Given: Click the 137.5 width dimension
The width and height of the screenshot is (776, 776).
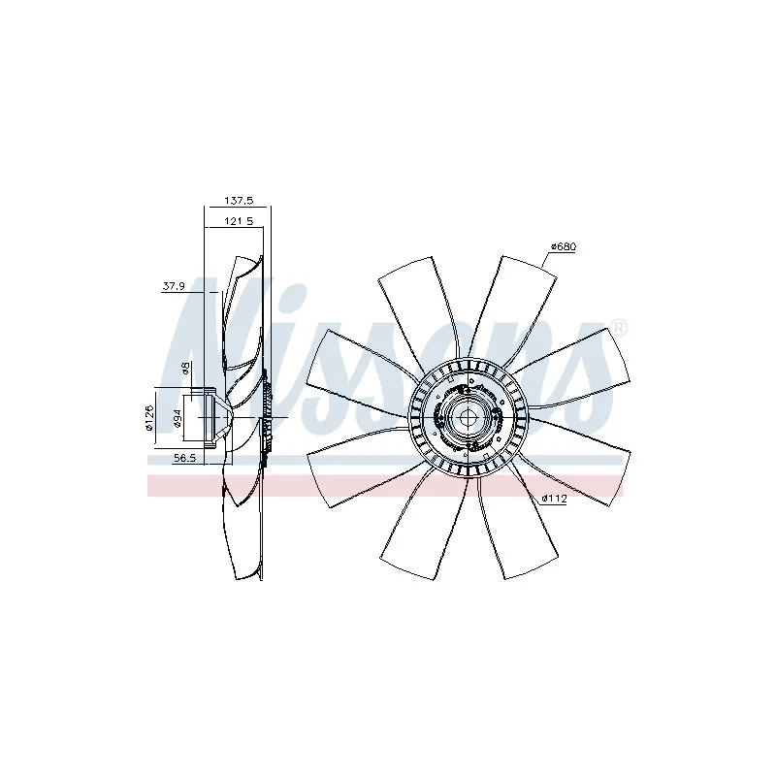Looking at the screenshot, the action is [239, 201].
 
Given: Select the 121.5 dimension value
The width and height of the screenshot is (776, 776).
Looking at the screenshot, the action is [239, 221].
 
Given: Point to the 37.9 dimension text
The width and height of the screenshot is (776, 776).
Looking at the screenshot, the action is [174, 286].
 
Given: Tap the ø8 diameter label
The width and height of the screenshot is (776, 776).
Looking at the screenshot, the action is [185, 369].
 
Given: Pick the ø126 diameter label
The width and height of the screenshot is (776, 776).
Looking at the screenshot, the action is [150, 418].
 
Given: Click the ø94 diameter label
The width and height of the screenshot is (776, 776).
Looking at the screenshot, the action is [178, 419].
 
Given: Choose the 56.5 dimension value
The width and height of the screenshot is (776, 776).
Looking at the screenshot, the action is [184, 458].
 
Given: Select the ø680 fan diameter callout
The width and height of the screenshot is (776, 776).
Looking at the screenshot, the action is [564, 246].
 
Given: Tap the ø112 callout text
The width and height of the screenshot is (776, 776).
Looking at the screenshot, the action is [554, 499].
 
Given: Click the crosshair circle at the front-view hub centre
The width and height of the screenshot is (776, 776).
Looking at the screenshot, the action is [468, 417].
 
